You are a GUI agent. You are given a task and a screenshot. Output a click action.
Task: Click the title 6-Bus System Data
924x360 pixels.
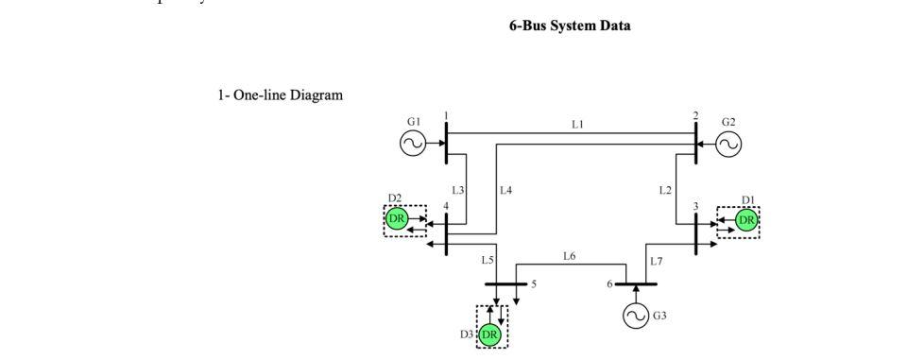[570, 26]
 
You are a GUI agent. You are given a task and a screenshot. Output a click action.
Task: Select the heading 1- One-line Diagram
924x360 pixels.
[281, 94]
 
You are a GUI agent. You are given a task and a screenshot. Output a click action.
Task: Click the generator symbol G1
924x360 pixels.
[413, 143]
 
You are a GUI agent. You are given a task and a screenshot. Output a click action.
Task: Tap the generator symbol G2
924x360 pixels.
[728, 143]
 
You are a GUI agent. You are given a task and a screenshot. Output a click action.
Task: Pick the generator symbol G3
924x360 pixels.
[636, 316]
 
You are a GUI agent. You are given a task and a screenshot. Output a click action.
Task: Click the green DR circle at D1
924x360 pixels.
[746, 220]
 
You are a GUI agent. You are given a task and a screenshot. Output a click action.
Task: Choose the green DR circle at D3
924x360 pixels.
[490, 334]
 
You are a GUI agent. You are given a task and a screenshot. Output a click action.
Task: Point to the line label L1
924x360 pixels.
[577, 124]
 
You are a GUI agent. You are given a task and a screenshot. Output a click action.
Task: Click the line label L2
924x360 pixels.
[665, 190]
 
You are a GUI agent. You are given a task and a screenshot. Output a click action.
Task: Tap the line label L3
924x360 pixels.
[457, 190]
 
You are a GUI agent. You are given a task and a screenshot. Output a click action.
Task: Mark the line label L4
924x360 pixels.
[505, 190]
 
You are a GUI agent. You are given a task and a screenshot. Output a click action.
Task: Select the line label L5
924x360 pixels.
[488, 259]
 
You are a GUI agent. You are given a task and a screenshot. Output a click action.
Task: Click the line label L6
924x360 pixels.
[569, 255]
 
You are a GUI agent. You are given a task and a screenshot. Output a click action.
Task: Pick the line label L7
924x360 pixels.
[656, 260]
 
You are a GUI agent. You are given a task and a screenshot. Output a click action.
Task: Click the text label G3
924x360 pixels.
[659, 316]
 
